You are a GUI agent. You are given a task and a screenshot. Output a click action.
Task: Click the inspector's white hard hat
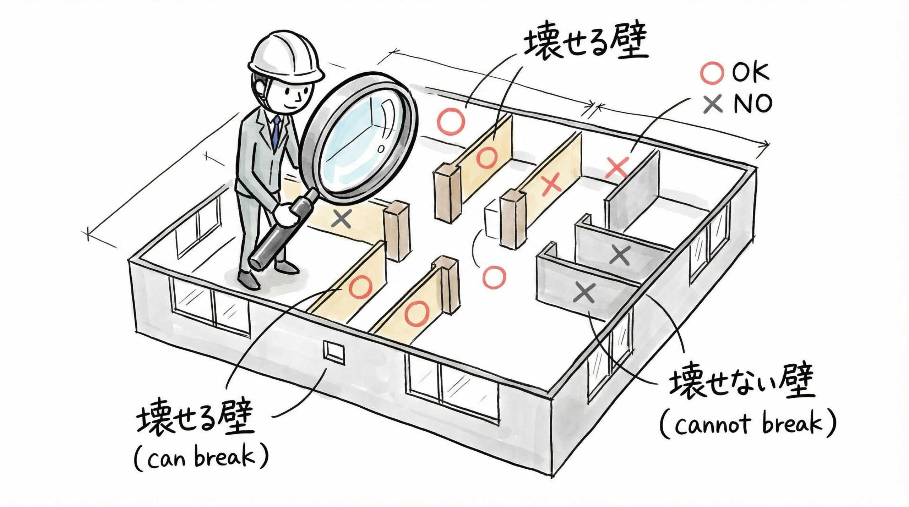(x=286, y=57)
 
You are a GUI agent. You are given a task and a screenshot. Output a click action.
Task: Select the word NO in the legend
(x=752, y=104)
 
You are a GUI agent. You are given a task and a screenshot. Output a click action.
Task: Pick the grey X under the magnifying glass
(x=341, y=219)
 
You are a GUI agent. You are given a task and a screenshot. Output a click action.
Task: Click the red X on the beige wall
(x=551, y=183)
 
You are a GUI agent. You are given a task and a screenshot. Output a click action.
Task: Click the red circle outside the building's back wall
(x=451, y=121)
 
